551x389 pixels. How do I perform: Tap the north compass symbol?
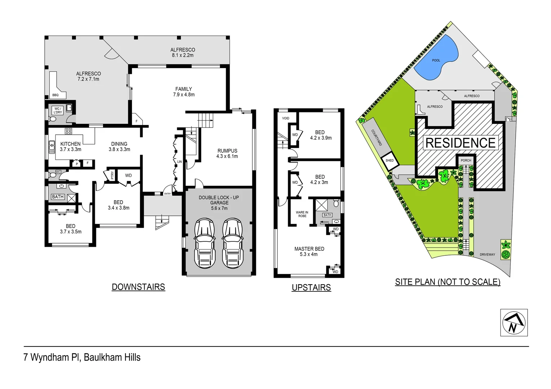514,323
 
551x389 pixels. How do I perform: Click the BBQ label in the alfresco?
55,95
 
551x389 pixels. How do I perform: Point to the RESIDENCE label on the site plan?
460,143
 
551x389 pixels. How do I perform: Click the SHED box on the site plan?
390,161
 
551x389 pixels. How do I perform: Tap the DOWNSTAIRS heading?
138,287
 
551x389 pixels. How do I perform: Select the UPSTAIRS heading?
311,288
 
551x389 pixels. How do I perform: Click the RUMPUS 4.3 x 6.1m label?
227,153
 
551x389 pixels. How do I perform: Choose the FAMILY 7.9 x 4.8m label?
184,92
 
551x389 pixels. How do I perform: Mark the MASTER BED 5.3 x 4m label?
309,251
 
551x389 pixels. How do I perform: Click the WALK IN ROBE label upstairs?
302,214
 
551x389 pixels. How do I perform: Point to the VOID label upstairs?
286,118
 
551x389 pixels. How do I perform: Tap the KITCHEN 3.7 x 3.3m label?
70,147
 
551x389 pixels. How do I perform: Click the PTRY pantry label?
112,175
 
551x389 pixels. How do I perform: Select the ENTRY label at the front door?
168,194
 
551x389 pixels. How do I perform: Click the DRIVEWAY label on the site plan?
487,255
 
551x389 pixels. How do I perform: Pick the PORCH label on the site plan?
466,160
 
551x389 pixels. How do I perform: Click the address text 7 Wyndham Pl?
82,357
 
